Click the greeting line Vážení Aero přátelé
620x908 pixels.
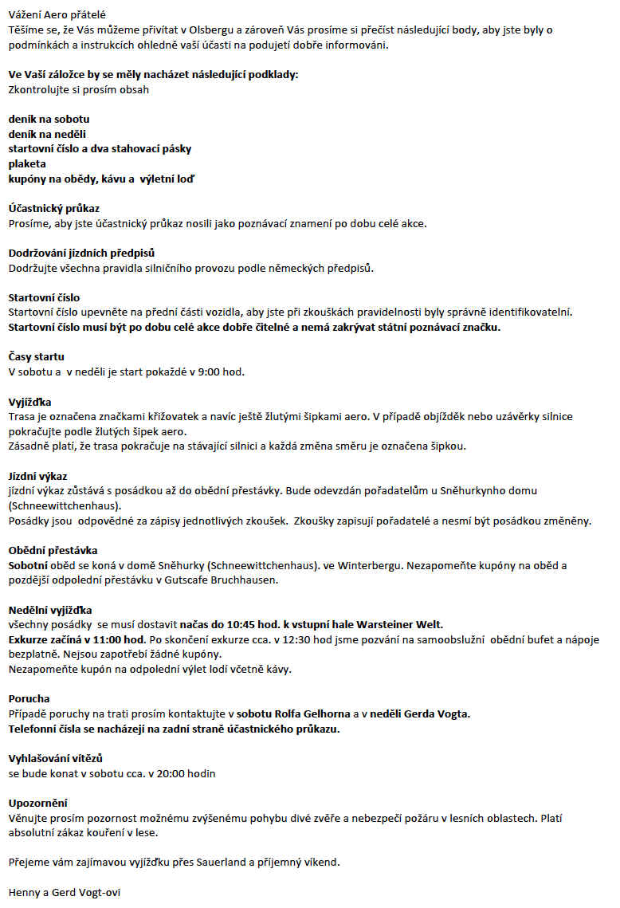[x=57, y=15]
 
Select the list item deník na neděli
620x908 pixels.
[x=47, y=134]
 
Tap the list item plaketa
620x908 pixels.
[x=28, y=163]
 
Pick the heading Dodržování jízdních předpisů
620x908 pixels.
[x=81, y=253]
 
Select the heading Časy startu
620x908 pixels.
[x=36, y=356]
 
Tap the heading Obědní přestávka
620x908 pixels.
[x=53, y=550]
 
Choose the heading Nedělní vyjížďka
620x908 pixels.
[x=50, y=610]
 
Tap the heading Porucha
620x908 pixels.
[x=29, y=698]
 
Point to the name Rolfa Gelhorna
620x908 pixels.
[x=312, y=713]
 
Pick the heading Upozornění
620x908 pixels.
[x=37, y=803]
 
